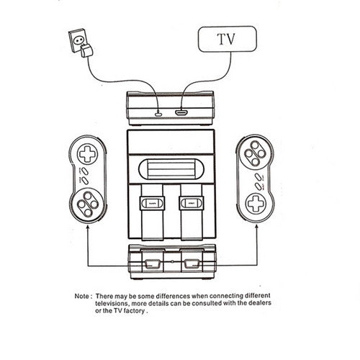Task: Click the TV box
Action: click(x=228, y=39)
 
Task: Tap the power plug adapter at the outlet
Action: click(x=86, y=50)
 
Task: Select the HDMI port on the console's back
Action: click(x=181, y=112)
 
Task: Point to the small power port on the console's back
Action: click(x=158, y=114)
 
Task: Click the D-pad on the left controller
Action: click(x=87, y=154)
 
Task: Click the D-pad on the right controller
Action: click(x=256, y=203)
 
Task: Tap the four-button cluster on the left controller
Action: click(x=88, y=204)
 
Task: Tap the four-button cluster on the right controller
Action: click(x=255, y=153)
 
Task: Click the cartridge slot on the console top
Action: click(x=171, y=169)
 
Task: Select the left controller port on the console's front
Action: click(x=152, y=264)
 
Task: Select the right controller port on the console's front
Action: click(x=192, y=264)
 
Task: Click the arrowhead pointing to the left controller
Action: click(x=88, y=227)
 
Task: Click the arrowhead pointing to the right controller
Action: click(x=257, y=227)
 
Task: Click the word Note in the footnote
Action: click(x=81, y=296)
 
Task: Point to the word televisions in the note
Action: click(x=112, y=304)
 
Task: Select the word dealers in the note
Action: click(x=260, y=302)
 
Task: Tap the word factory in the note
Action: click(x=134, y=311)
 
